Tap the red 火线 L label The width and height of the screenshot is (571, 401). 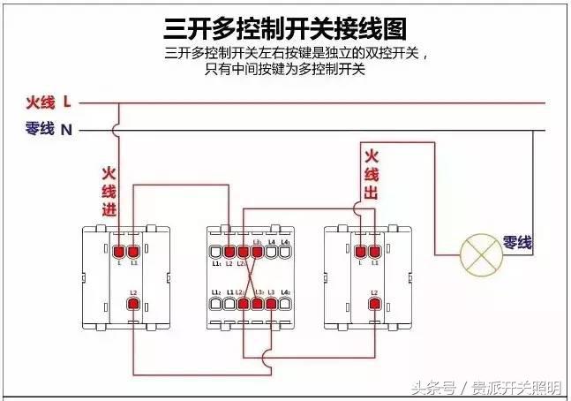pos(49,102)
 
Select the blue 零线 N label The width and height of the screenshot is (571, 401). pos(49,129)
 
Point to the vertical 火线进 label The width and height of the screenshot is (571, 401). pos(109,192)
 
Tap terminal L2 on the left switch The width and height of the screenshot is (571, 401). pos(133,305)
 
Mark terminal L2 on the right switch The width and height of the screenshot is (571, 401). pos(374,305)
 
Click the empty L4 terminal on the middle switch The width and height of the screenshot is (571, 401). pos(272,253)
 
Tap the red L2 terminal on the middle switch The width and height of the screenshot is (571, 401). pos(229,253)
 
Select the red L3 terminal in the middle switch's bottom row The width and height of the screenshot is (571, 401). pos(272,305)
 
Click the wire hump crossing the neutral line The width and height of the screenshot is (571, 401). pos(118,130)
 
